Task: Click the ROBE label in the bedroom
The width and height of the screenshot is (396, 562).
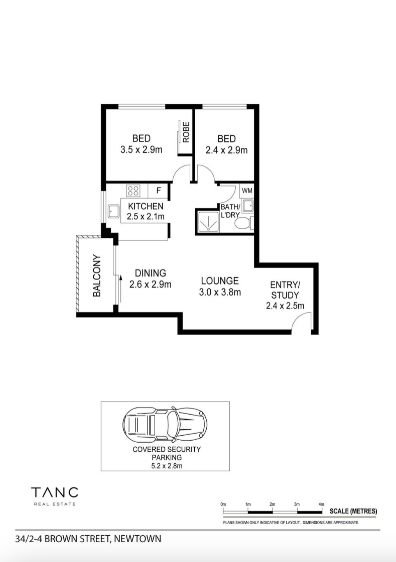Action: click(186, 132)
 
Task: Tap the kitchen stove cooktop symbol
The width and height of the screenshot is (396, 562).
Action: click(133, 190)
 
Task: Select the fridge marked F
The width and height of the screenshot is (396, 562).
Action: click(158, 190)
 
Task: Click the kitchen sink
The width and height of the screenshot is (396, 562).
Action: click(114, 211)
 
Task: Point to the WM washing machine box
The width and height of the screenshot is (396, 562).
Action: click(247, 190)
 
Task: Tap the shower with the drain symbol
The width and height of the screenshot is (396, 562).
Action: click(208, 221)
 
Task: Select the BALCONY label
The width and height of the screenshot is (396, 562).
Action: click(97, 276)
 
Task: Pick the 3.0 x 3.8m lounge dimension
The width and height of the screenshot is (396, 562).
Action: click(220, 292)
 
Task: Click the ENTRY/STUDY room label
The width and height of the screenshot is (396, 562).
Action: click(285, 290)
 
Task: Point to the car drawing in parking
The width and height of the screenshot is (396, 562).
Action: click(165, 424)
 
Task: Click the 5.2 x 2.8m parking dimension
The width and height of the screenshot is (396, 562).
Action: click(166, 466)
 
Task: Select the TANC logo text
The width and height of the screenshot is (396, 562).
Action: click(54, 492)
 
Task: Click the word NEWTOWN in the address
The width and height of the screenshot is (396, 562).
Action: click(138, 539)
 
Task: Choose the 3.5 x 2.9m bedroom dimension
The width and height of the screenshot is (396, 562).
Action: click(141, 150)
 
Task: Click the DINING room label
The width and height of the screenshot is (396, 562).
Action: click(150, 273)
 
